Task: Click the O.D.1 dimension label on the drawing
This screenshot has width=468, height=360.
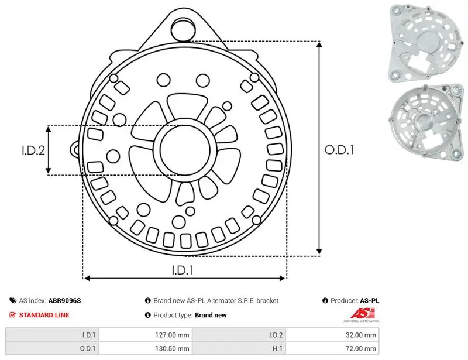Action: coord(339,150)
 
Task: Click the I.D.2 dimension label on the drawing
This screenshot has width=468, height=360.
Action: coord(33,150)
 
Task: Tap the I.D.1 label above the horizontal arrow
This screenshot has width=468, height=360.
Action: coord(183,270)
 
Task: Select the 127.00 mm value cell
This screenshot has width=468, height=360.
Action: coord(146,335)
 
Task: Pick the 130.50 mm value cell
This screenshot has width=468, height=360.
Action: coord(146,348)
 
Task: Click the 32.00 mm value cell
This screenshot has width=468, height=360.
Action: coord(332,335)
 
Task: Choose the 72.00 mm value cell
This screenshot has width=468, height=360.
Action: coord(332,348)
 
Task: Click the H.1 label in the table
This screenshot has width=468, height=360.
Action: coord(277,348)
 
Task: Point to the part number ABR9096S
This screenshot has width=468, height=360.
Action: coord(64,300)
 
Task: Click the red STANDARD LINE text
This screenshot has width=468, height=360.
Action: coord(44,315)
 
